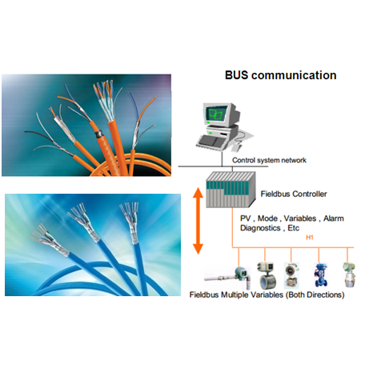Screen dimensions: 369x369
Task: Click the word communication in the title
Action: [x=294, y=75]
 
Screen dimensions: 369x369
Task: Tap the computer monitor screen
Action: [x=216, y=114]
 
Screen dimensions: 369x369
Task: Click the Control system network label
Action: [x=269, y=160]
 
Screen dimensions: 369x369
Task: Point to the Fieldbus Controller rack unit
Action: [x=231, y=190]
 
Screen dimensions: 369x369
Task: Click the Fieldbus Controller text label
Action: [x=294, y=194]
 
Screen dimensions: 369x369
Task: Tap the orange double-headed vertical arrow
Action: [x=198, y=221]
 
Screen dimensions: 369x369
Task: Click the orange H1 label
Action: [x=310, y=237]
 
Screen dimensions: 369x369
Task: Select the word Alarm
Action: [x=334, y=219]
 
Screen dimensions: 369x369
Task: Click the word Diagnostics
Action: [x=260, y=228]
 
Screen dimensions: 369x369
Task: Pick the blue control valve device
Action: [x=319, y=275]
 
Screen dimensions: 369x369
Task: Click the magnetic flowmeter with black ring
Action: [x=267, y=275]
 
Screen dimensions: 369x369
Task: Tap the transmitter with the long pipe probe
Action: [x=228, y=278]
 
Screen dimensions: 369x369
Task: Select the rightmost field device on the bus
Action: [x=349, y=275]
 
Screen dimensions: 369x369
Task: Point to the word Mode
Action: [x=267, y=219]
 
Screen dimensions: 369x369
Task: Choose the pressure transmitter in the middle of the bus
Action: [x=291, y=275]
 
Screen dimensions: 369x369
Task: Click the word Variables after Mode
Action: [x=300, y=219]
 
